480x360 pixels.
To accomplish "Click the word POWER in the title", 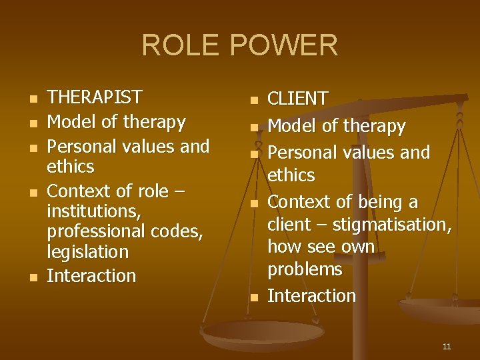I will pyautogui.click(x=285, y=46).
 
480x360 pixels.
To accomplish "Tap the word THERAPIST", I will pyautogui.click(x=95, y=97).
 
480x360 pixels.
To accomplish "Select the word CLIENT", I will pyautogui.click(x=297, y=99).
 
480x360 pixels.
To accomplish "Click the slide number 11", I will pyautogui.click(x=447, y=347).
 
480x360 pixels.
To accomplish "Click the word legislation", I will pyautogui.click(x=87, y=252).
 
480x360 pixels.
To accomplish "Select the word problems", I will pyautogui.click(x=305, y=269).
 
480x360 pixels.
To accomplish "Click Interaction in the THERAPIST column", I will pyautogui.click(x=91, y=276).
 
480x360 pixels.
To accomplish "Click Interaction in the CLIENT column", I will pyautogui.click(x=311, y=296).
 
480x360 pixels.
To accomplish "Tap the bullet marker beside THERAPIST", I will pyautogui.click(x=33, y=100).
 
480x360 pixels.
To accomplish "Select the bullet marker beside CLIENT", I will pyautogui.click(x=253, y=101).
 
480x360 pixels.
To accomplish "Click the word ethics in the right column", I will pyautogui.click(x=291, y=175).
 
